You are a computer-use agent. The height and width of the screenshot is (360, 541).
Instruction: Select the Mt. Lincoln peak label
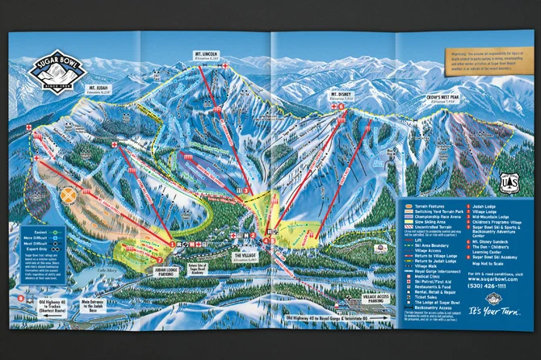tap(208, 58)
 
